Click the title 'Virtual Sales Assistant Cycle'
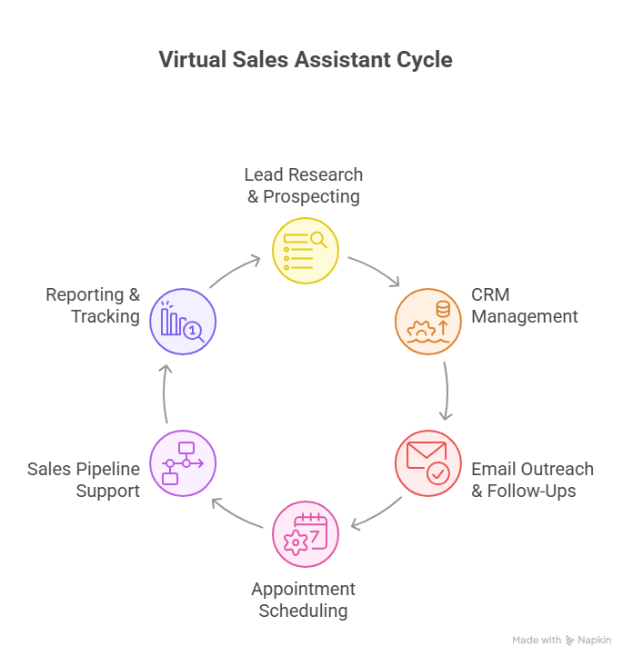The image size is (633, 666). click(305, 60)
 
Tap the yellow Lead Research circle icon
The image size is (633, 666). click(306, 252)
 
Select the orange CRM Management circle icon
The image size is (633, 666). click(427, 322)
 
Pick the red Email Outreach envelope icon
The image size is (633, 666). click(427, 463)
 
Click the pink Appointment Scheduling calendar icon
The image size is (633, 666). click(306, 534)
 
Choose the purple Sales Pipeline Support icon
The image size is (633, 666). click(183, 463)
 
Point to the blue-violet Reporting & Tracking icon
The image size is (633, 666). click(183, 322)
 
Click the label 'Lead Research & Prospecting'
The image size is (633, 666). click(304, 185)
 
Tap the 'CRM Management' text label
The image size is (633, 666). click(524, 306)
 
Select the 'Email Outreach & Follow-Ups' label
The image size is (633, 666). click(532, 480)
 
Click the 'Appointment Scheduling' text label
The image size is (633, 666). click(303, 600)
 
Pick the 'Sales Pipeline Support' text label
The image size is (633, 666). click(84, 480)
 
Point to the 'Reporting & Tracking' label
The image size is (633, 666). click(93, 306)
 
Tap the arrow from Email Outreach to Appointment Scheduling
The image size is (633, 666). click(375, 514)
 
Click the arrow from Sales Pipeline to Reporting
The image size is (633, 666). click(166, 393)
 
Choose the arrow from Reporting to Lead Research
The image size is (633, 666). click(236, 270)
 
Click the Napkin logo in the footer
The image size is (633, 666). click(570, 640)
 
